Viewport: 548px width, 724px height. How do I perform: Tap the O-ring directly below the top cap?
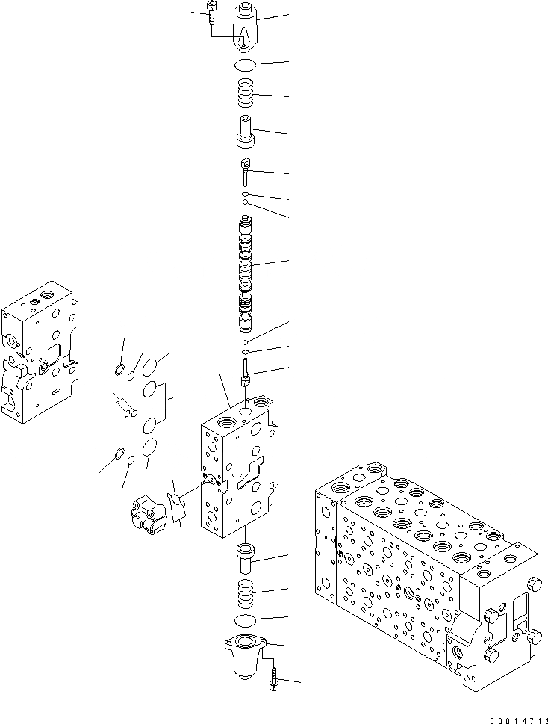point(246,64)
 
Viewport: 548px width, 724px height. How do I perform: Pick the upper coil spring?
point(246,95)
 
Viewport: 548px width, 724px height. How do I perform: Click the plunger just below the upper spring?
point(246,132)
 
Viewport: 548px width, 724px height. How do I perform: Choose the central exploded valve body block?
point(237,471)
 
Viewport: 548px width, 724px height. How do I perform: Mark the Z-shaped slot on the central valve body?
point(252,474)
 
